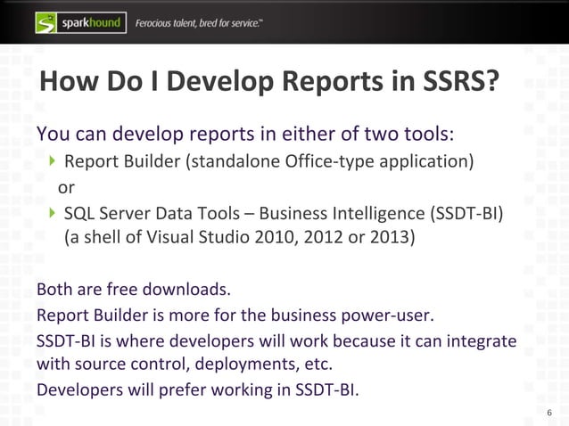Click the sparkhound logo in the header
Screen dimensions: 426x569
coord(79,20)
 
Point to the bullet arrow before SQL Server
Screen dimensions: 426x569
coord(54,214)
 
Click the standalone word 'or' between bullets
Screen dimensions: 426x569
coord(66,188)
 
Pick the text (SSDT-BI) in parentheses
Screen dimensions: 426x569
coord(466,215)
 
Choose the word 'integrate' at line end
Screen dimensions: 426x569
coord(480,342)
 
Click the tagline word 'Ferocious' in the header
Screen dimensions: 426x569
coord(161,21)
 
